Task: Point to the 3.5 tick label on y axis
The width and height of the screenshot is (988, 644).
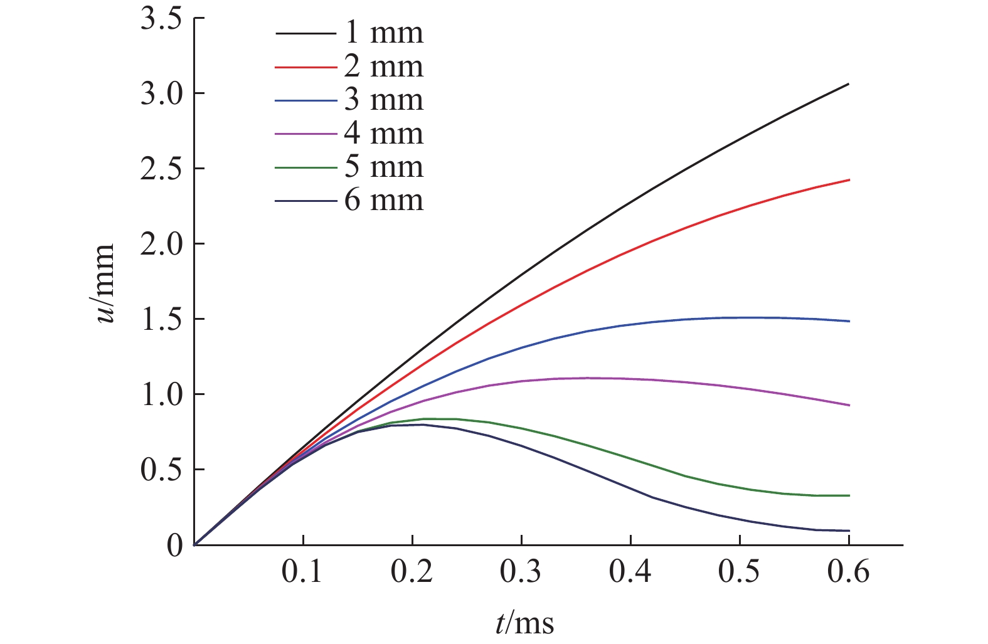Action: (161, 19)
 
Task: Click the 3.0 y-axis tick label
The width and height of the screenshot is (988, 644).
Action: (161, 94)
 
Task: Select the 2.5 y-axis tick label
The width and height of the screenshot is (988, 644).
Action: (161, 169)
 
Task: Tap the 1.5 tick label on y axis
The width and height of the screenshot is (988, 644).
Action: (161, 320)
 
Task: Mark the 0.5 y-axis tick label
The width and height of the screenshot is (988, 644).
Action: (161, 470)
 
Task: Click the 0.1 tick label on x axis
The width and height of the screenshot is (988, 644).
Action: (303, 573)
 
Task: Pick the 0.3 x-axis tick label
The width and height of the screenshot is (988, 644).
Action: (521, 573)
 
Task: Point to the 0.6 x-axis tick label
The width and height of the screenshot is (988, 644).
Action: (849, 573)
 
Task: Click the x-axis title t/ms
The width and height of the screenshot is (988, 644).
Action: (524, 623)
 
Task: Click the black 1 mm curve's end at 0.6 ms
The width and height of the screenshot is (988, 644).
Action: (849, 83)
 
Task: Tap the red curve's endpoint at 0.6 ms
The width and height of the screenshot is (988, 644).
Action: (849, 180)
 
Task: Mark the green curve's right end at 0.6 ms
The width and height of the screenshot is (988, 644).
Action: (849, 495)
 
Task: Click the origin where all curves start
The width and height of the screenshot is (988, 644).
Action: (194, 544)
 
